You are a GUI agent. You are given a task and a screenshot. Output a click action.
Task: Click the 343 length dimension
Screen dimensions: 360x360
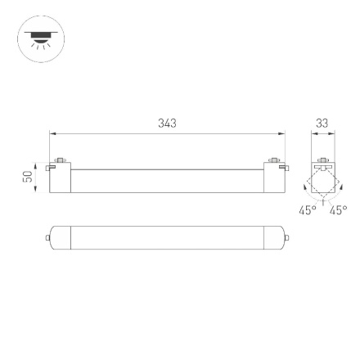167,123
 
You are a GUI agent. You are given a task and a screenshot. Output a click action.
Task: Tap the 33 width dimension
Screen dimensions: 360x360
322,123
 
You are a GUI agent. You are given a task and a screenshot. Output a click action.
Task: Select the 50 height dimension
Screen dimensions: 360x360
27,176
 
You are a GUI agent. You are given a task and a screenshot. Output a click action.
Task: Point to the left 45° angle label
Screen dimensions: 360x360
307,210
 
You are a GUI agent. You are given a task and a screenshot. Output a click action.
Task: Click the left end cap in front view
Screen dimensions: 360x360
61,179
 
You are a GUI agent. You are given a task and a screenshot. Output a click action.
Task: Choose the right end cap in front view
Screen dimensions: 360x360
273,179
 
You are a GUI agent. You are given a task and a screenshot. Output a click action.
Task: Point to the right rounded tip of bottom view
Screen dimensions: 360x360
286,238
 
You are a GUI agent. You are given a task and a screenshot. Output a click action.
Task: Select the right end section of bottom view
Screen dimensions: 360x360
272,238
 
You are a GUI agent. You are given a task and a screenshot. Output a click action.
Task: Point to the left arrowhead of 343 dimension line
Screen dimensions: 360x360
52,133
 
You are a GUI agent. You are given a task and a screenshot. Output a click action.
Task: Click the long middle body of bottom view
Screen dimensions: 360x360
167,238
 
